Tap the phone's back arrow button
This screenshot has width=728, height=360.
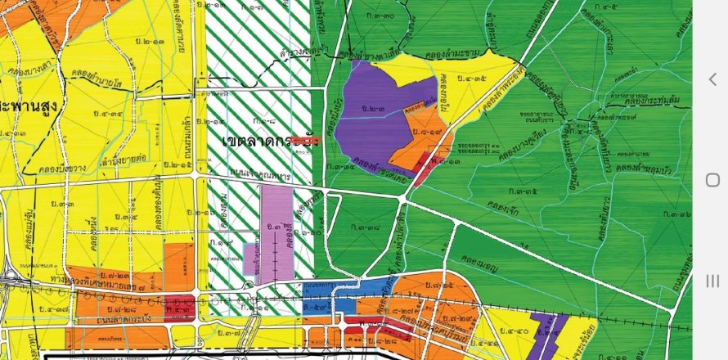point(712,79)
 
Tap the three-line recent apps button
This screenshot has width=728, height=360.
point(712,281)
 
